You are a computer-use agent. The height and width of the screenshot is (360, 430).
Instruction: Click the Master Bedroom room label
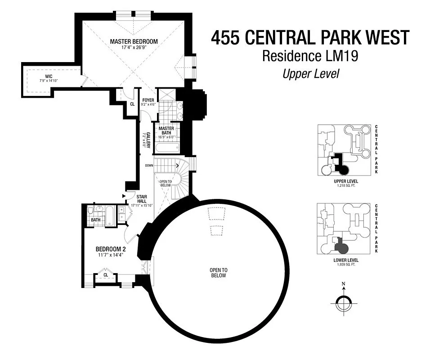[x=134, y=41]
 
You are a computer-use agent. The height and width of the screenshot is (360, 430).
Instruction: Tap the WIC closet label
[x=49, y=76]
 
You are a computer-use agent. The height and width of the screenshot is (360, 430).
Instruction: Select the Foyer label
[x=148, y=100]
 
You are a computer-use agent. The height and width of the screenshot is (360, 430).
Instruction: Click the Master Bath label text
[x=166, y=130]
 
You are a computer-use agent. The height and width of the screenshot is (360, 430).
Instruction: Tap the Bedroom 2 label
[x=111, y=249]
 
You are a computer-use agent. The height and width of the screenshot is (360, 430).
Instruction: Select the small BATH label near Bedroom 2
[x=96, y=220]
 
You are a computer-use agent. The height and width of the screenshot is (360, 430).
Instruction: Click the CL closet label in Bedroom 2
[x=106, y=275]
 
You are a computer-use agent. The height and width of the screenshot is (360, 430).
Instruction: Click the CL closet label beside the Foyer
[x=132, y=103]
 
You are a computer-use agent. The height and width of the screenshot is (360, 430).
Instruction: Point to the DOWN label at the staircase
[x=149, y=166]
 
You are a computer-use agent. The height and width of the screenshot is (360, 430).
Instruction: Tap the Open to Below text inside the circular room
[x=218, y=273]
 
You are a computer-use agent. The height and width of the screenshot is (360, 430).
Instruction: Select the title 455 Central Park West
[x=310, y=38]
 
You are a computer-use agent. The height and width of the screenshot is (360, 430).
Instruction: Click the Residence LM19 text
[x=310, y=56]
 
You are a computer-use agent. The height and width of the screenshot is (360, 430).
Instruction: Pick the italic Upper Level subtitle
[x=310, y=73]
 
